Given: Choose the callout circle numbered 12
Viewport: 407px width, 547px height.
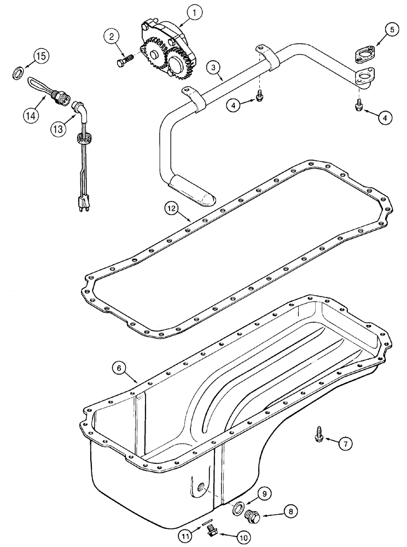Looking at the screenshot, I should pyautogui.click(x=173, y=207).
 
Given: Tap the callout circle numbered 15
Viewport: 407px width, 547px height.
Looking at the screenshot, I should pyautogui.click(x=42, y=56).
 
